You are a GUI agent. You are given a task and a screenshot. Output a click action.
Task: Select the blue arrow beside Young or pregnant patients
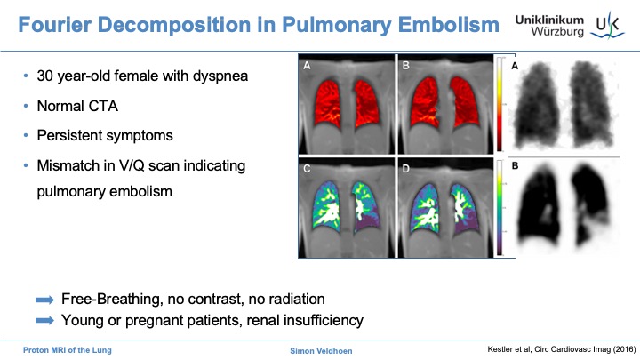(x=44, y=316)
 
